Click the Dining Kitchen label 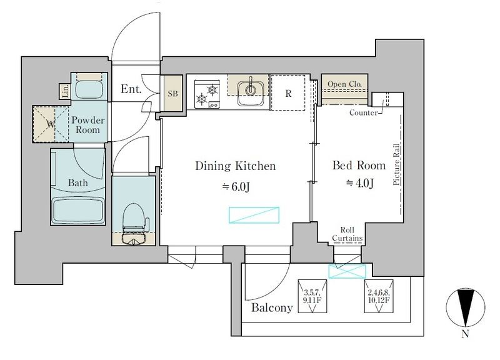click(x=236, y=166)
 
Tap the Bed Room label click(x=359, y=165)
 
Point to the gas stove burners click(x=207, y=94)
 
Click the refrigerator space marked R click(x=288, y=92)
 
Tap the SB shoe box click(x=172, y=93)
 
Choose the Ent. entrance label click(x=131, y=89)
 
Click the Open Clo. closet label click(x=345, y=84)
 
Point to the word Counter click(x=364, y=112)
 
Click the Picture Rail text click(x=396, y=164)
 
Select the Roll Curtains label click(x=347, y=234)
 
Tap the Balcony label click(x=272, y=307)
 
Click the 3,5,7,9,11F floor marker click(x=312, y=296)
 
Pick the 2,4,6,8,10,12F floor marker click(x=379, y=296)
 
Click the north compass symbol click(x=466, y=308)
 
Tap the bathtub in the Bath click(x=78, y=211)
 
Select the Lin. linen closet click(x=64, y=91)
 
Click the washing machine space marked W click(x=51, y=124)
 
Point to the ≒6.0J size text click(x=236, y=186)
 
